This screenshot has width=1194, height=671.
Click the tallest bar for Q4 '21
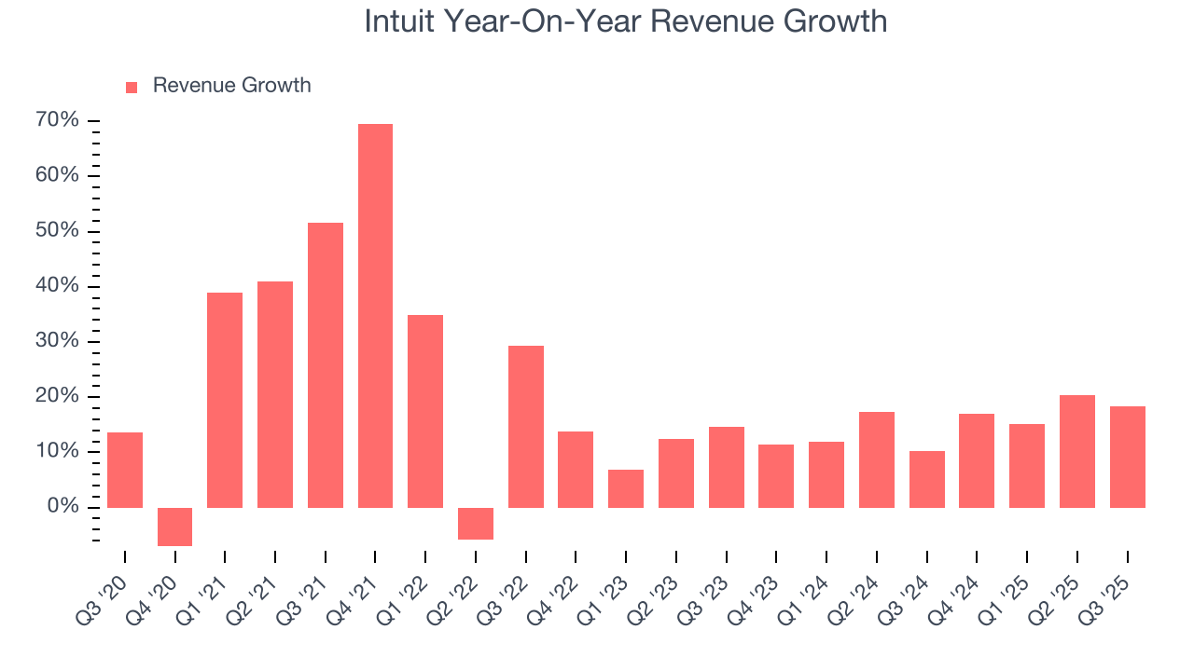pyautogui.click(x=375, y=316)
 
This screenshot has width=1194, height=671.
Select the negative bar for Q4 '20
pyautogui.click(x=174, y=527)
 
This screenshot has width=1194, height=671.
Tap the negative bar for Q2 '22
pyautogui.click(x=476, y=524)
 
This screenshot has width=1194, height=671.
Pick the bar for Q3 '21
pyautogui.click(x=326, y=365)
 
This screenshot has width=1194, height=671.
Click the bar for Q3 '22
pyautogui.click(x=526, y=427)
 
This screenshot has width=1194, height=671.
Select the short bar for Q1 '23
pyautogui.click(x=626, y=488)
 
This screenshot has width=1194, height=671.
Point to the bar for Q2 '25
pyautogui.click(x=1077, y=451)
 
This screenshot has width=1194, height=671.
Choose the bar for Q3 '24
pyautogui.click(x=927, y=479)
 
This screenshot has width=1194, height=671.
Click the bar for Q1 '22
pyautogui.click(x=425, y=411)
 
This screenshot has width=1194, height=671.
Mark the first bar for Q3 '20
pyautogui.click(x=125, y=470)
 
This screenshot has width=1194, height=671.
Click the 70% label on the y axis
pyautogui.click(x=57, y=120)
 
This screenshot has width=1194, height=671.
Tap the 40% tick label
pyautogui.click(x=57, y=286)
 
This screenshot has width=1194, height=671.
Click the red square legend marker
pyautogui.click(x=132, y=87)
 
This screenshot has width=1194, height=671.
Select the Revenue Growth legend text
pyautogui.click(x=231, y=86)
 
